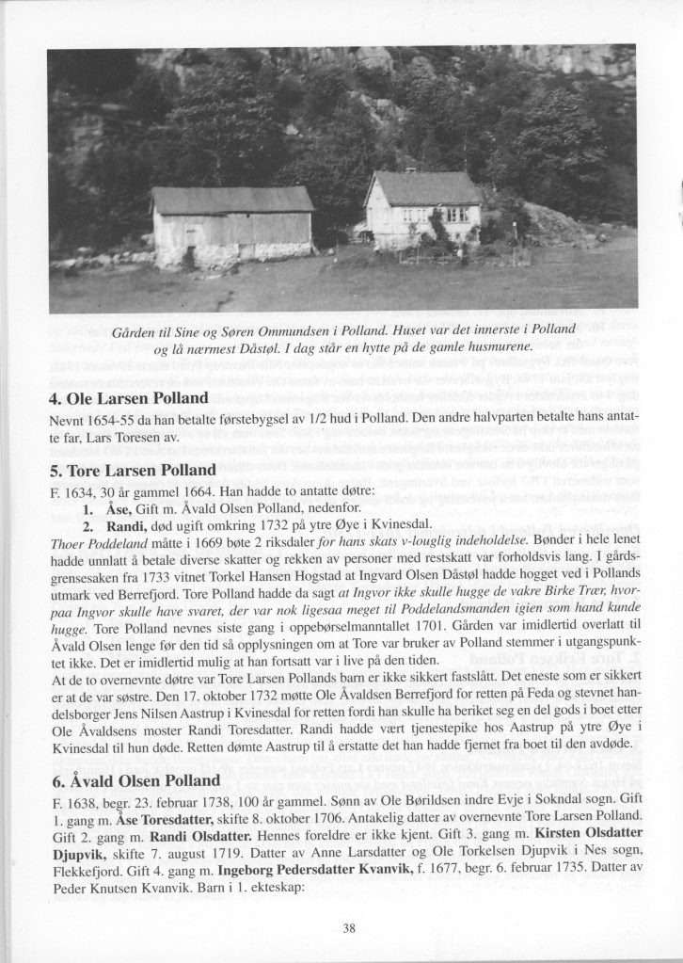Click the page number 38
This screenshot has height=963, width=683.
tap(348, 927)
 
